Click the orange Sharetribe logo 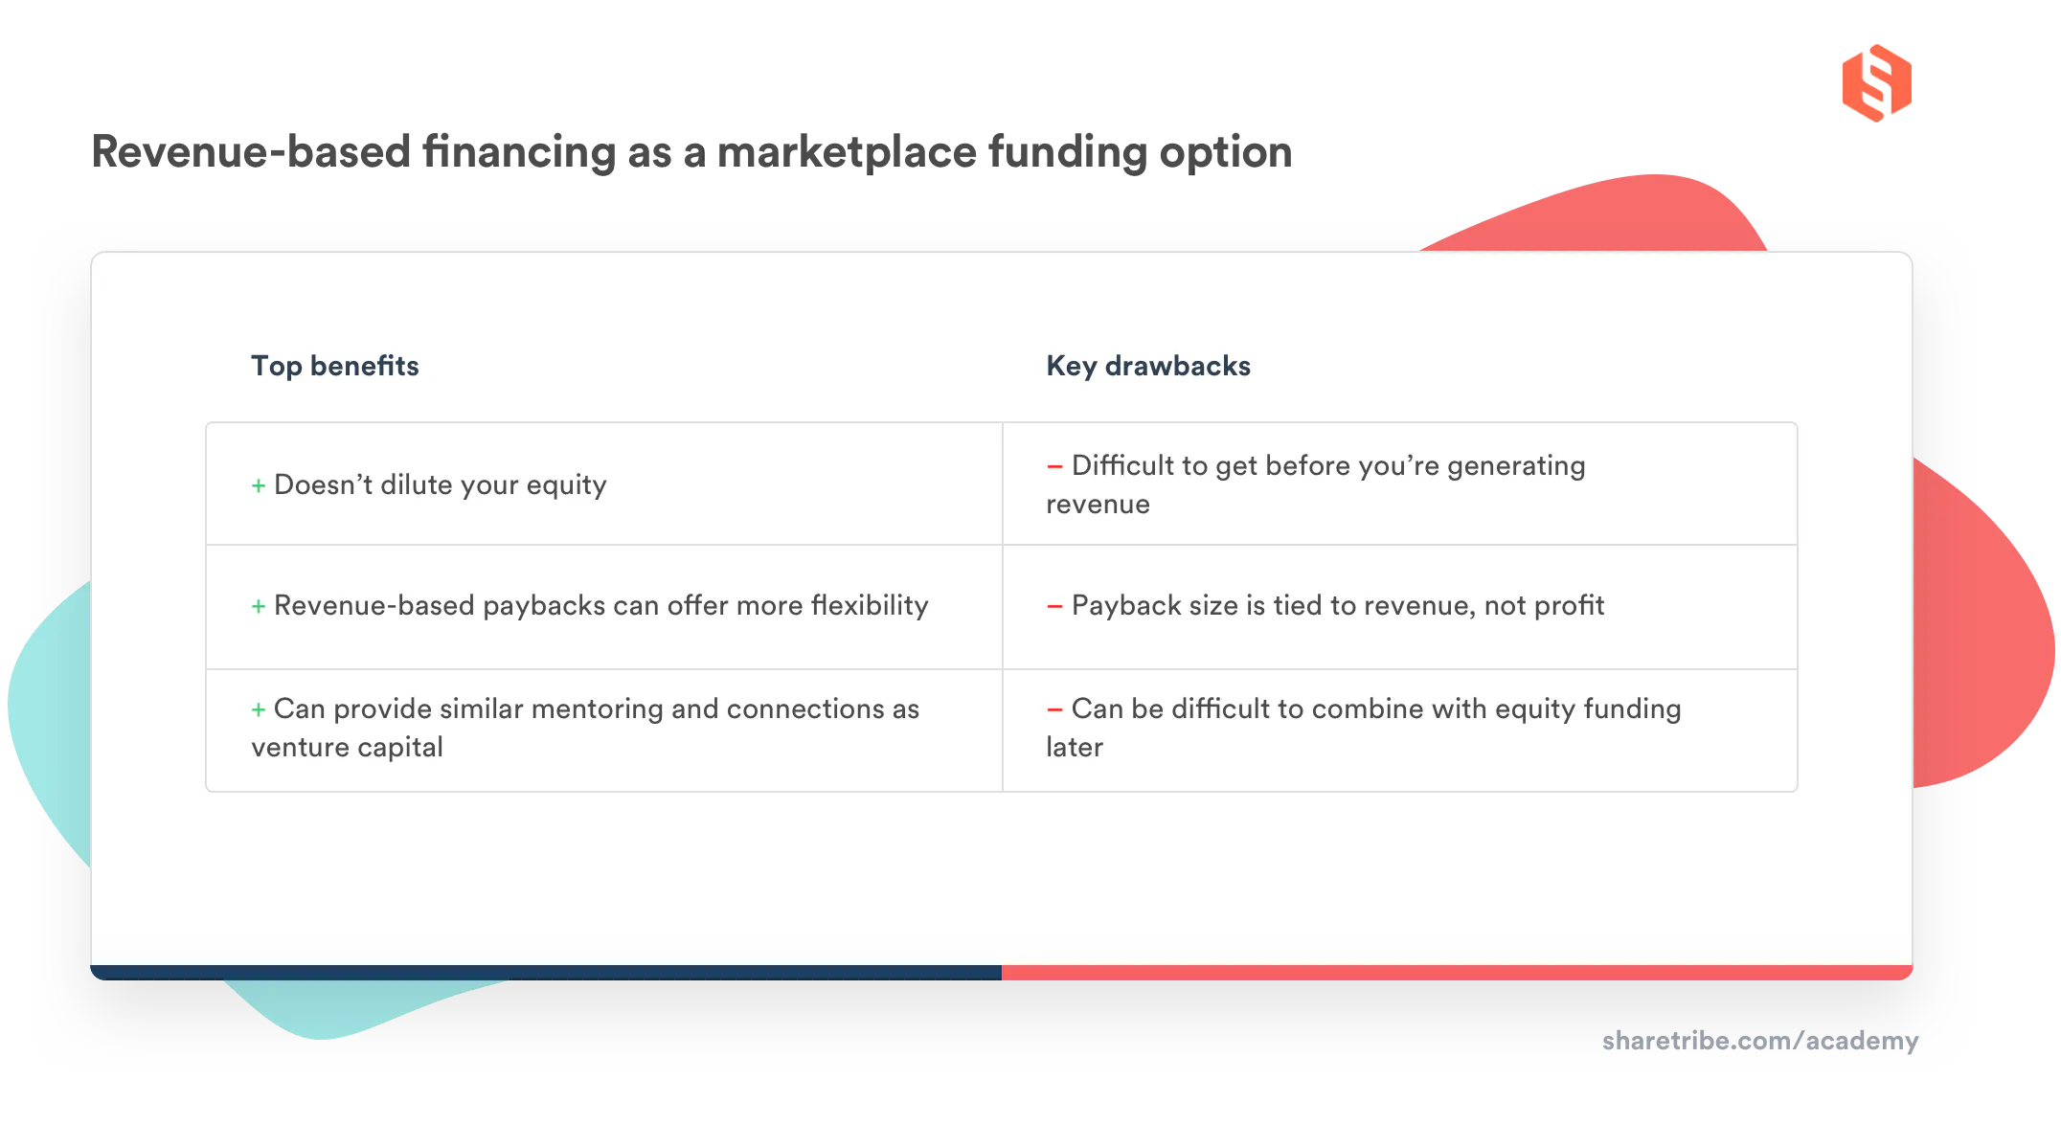tap(1876, 81)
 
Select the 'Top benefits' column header tap(334, 366)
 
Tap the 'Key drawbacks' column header tap(1147, 366)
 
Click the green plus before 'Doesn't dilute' tap(259, 486)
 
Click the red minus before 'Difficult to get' tap(1054, 467)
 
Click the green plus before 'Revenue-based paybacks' tap(259, 607)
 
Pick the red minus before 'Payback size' tap(1054, 607)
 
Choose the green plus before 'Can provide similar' tap(259, 710)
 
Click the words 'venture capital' tap(347, 748)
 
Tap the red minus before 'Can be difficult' tap(1054, 710)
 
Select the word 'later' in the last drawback tap(1074, 748)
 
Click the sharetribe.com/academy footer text tap(1760, 1041)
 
